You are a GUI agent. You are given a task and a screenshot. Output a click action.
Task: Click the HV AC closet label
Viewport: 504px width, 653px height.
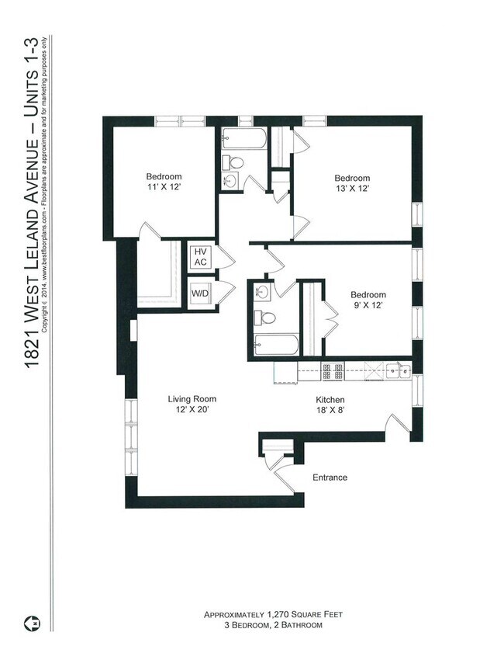pos(200,257)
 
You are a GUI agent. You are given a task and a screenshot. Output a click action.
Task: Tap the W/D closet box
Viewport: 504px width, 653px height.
pos(200,295)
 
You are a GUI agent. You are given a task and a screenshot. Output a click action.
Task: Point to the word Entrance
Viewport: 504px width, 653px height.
pos(330,478)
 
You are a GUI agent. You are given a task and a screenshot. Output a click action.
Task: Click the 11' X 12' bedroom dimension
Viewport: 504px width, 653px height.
pos(163,188)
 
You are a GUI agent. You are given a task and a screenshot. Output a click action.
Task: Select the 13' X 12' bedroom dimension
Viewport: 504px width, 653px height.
pos(352,189)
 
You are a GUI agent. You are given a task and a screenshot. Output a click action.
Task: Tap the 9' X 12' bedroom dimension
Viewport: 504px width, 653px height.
pos(368,306)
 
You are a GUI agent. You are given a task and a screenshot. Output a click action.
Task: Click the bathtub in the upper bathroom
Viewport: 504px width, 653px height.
pos(243,141)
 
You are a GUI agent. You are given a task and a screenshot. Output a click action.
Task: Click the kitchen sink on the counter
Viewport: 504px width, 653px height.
pos(400,371)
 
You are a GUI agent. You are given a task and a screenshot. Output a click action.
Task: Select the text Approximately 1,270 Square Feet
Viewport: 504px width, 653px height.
pos(273,614)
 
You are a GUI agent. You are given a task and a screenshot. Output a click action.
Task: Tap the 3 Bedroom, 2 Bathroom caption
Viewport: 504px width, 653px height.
pos(273,625)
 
